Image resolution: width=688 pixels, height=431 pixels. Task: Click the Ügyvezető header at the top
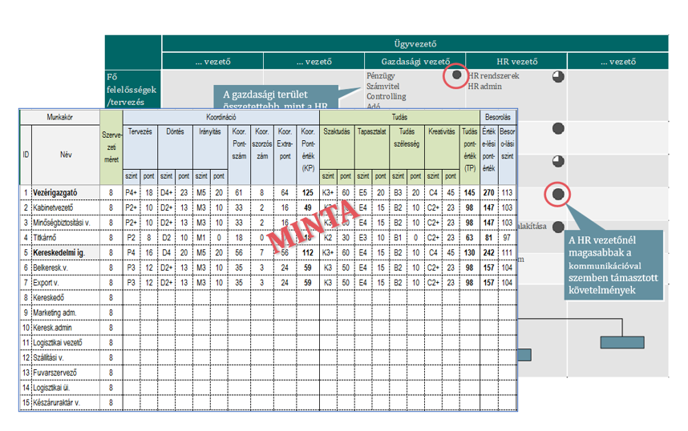pos(415,44)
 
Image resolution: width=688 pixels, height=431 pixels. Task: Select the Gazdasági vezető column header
pos(415,62)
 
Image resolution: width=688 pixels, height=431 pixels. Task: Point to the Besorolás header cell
pos(497,117)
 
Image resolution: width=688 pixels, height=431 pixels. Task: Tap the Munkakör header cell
pos(60,117)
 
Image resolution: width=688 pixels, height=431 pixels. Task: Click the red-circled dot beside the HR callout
pos(558,194)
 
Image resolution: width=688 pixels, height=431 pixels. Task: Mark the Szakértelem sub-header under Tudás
pos(336,131)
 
